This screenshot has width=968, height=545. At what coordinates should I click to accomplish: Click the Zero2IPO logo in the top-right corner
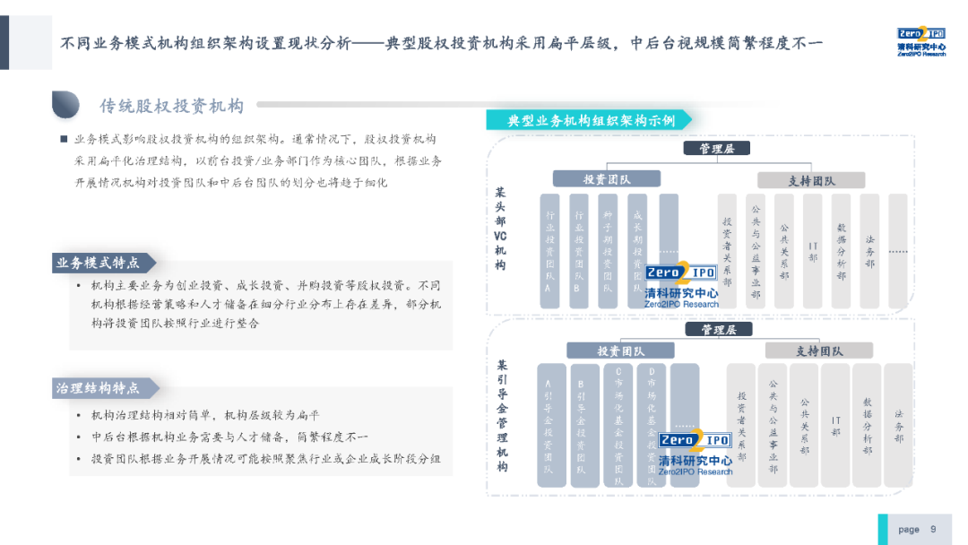[x=920, y=40]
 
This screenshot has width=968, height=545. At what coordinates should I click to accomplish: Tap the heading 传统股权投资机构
[x=171, y=107]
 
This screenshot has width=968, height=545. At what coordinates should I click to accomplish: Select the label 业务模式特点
[x=98, y=263]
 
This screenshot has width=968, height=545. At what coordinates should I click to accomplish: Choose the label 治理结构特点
[x=98, y=388]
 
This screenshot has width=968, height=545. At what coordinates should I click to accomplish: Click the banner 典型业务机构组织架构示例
[x=592, y=120]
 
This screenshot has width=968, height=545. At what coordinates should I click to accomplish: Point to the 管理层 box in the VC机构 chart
[x=716, y=149]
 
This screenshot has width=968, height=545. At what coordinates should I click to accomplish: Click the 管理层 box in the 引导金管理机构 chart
[x=718, y=330]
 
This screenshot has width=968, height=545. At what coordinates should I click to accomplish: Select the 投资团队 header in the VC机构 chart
[x=607, y=179]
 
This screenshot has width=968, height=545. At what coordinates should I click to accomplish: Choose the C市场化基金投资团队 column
[x=618, y=426]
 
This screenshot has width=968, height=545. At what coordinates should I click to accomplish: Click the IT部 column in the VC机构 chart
[x=812, y=252]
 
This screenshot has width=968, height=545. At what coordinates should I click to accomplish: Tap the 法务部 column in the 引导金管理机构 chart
[x=898, y=426]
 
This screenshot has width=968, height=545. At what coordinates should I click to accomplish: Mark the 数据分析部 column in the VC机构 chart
[x=841, y=252]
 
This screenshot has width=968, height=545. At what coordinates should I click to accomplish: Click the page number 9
[x=933, y=529]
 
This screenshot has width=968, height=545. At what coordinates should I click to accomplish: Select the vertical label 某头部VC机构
[x=500, y=229]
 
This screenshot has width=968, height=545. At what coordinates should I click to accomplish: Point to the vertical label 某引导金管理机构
[x=502, y=417]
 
